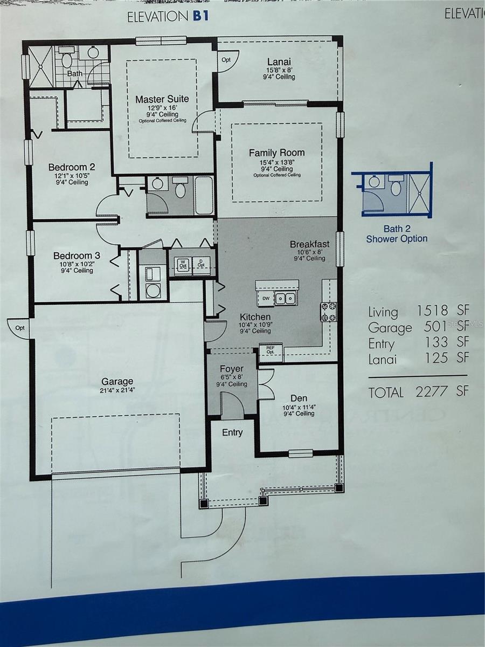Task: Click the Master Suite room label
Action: coord(162,99)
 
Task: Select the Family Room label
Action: coord(276,153)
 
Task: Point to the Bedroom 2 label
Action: coord(68,167)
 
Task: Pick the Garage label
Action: coord(117,381)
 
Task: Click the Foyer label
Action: coord(232,369)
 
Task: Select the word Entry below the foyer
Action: coord(232,432)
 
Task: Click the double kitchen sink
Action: coord(285,298)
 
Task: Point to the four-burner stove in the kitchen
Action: coord(329,312)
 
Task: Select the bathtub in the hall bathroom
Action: coord(204,195)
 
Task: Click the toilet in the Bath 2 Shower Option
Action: coord(397,188)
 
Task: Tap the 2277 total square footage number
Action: coord(431,391)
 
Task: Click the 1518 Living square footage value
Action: coord(432,311)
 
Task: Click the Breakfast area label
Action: coord(309,244)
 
